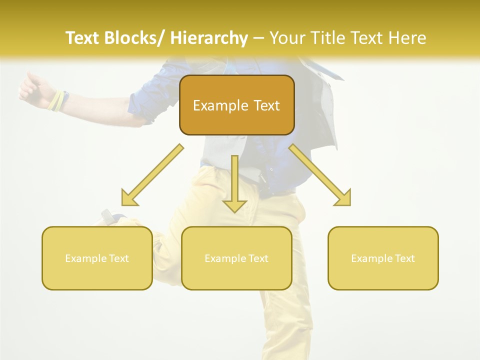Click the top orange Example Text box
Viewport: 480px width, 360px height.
236,105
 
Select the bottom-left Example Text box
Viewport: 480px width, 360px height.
97,258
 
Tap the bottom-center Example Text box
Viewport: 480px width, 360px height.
236,258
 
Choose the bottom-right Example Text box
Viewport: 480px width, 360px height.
383,258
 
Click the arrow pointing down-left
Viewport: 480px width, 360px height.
152,175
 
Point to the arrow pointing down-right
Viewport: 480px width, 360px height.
320,175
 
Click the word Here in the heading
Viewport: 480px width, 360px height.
407,38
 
